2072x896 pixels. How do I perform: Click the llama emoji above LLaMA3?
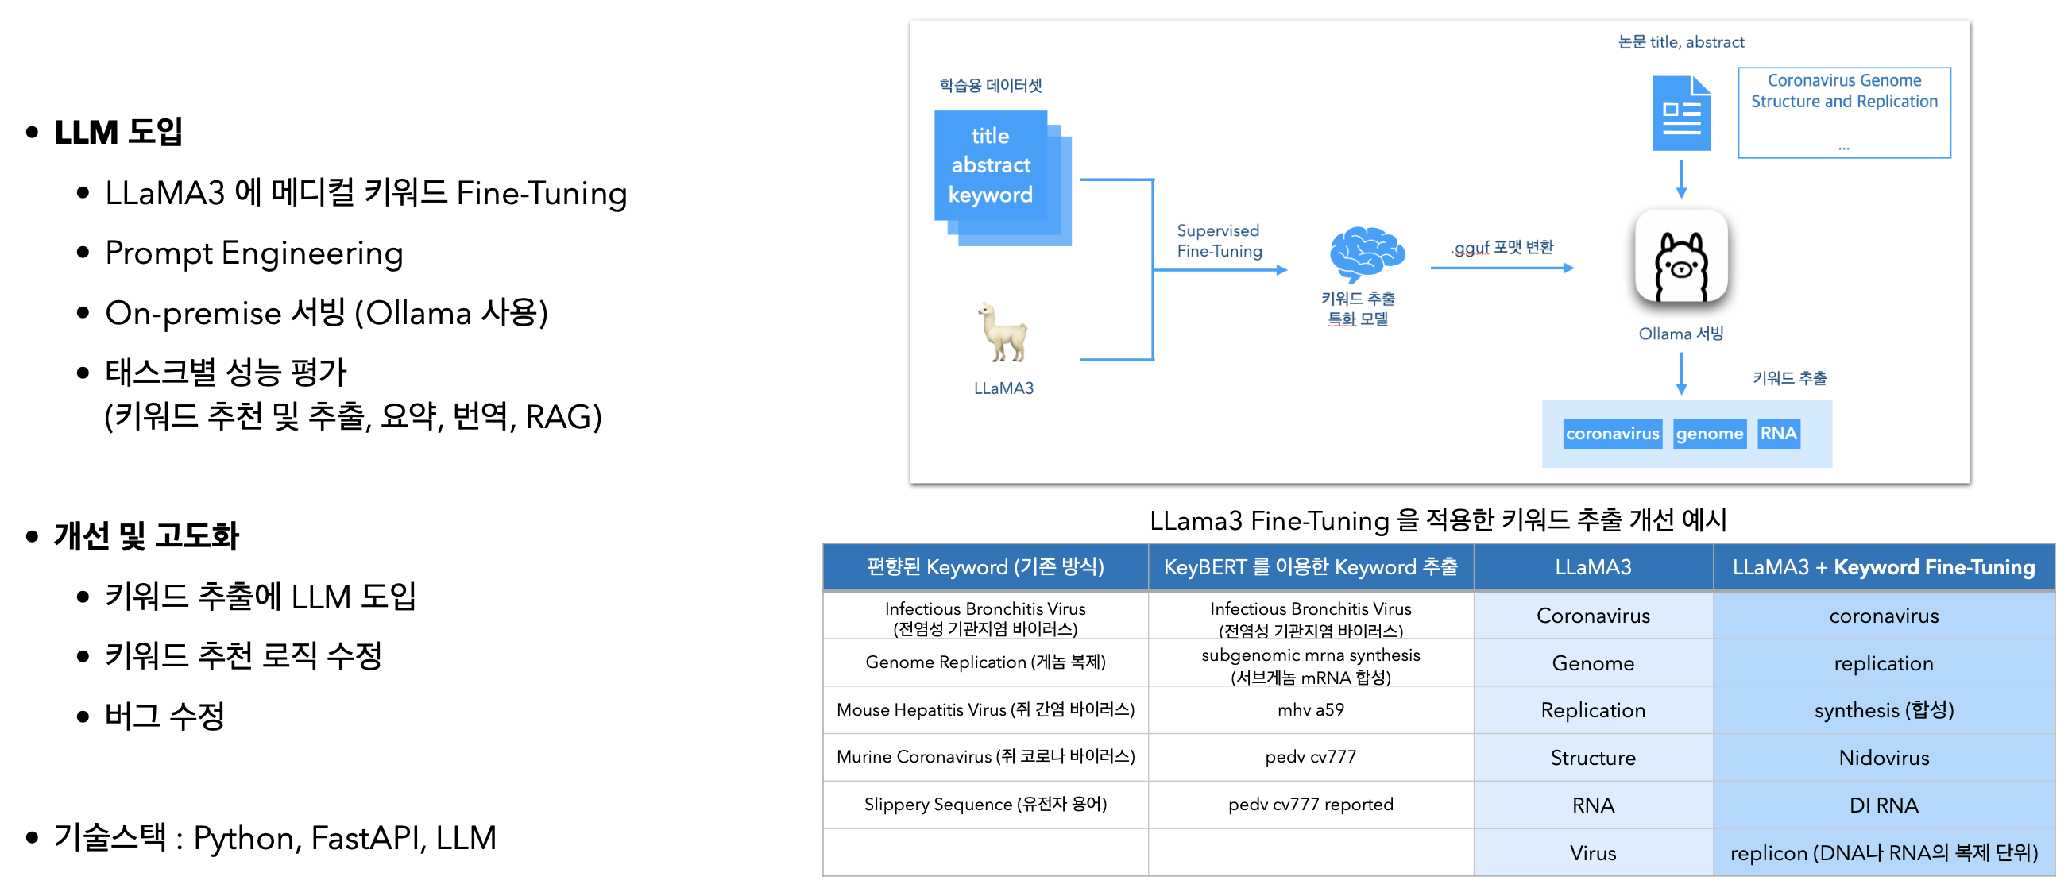1003,332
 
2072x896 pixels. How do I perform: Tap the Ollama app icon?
1681,256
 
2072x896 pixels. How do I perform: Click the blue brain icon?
1367,253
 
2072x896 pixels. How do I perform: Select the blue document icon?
1681,114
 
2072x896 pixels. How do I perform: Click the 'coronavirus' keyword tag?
1612,434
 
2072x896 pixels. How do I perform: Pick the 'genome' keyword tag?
1709,434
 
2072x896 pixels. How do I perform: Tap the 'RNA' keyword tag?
1777,434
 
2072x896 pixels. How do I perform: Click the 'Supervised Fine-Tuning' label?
1220,241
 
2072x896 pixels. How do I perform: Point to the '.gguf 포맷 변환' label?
1502,247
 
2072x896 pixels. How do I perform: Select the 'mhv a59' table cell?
1310,709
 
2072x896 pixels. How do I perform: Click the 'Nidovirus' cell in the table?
1884,757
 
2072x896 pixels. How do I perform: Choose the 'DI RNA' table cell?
1884,805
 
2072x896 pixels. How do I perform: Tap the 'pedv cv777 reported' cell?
1310,805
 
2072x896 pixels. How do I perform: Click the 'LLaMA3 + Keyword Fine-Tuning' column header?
1884,567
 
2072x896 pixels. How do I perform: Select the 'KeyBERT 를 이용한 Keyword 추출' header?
1310,567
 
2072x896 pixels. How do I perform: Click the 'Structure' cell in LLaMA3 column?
1593,757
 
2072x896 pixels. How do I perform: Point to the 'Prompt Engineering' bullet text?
254,253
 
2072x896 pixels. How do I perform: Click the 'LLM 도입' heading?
118,132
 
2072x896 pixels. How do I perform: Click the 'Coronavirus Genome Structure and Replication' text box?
1843,113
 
